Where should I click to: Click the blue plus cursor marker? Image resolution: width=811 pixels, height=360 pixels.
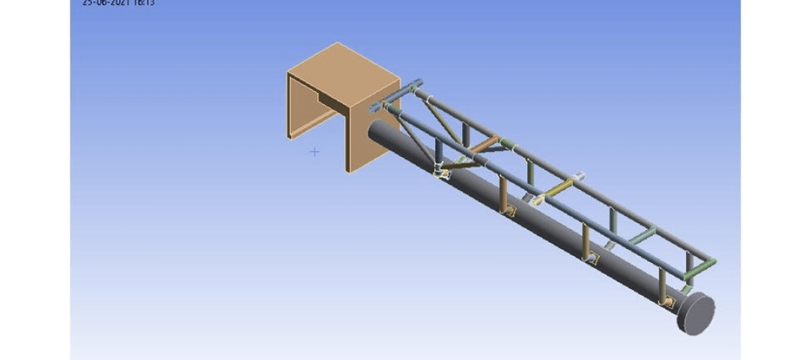click(315, 152)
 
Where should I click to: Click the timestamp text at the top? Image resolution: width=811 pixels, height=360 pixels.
click(124, 2)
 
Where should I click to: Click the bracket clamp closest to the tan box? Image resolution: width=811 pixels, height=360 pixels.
click(441, 173)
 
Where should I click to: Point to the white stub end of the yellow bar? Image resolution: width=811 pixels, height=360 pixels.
click(577, 177)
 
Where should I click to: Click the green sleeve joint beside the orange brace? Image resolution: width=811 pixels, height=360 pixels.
click(506, 142)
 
